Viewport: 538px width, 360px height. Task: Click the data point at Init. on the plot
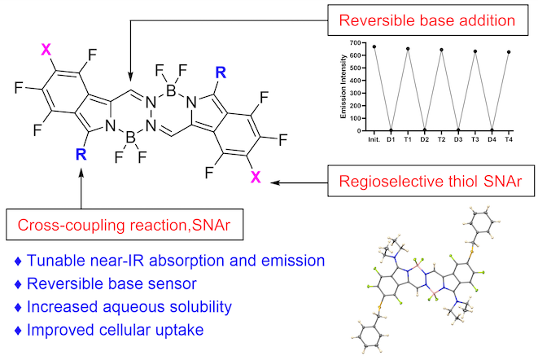(374, 46)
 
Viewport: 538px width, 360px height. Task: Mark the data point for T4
(510, 52)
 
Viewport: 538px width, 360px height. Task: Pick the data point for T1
(408, 49)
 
